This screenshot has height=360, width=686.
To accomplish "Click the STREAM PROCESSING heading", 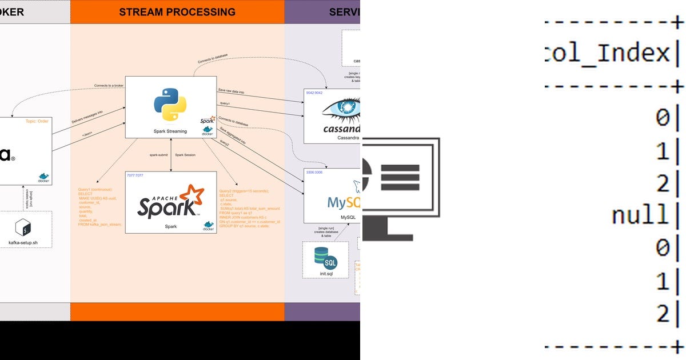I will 177,11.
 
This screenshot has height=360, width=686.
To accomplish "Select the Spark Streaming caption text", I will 170,131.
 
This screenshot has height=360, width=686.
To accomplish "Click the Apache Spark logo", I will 170,202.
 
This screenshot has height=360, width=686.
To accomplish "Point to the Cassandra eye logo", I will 342,109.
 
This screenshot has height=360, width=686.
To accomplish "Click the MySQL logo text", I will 344,202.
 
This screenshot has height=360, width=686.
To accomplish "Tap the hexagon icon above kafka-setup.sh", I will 23,228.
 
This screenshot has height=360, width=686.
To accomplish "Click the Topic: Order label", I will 37,121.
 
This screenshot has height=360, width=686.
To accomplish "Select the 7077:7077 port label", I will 135,175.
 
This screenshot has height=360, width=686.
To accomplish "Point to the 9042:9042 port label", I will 315,93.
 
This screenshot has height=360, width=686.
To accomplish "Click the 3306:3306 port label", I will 315,172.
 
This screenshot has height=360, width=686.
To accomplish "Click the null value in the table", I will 640,215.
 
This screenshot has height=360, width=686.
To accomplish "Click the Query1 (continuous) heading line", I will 95,189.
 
